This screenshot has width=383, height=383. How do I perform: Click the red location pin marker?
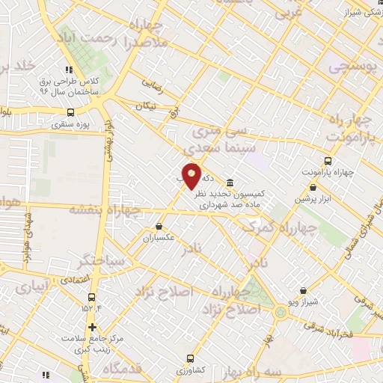[191, 177]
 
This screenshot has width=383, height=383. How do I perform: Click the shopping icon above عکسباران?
[159, 226]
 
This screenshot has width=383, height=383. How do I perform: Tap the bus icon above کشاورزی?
[190, 358]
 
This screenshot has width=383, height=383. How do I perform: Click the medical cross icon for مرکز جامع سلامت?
[91, 327]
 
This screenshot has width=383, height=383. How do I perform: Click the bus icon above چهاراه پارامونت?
[328, 161]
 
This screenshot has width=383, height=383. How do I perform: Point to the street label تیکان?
[145, 106]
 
